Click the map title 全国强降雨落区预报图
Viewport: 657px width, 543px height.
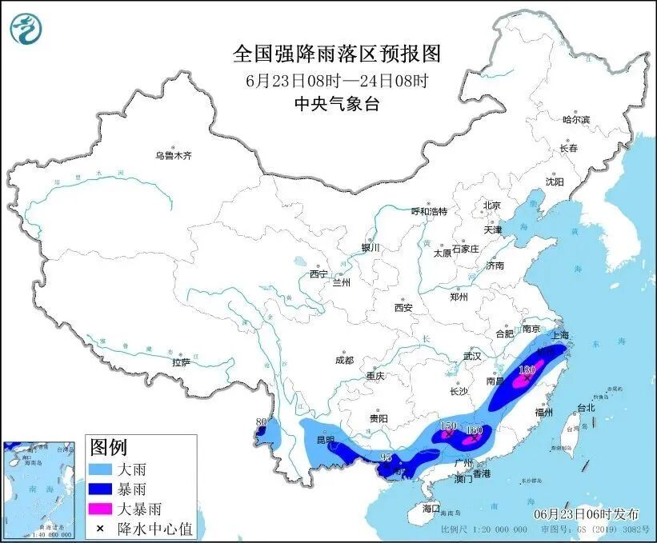point(336,54)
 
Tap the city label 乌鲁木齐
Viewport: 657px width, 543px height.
point(174,155)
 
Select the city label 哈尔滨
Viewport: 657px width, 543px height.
point(576,119)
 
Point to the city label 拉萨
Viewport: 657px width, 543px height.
point(181,361)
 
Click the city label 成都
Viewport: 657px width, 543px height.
point(345,360)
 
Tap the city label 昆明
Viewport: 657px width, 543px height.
point(324,441)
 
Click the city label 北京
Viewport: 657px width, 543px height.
point(491,206)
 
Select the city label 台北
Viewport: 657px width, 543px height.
point(586,407)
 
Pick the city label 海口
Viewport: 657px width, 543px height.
point(431,508)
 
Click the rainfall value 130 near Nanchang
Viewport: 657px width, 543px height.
point(527,370)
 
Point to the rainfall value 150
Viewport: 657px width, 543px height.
point(448,426)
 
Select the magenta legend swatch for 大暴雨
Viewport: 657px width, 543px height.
point(102,508)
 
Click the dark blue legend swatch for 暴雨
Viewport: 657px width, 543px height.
point(102,488)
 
